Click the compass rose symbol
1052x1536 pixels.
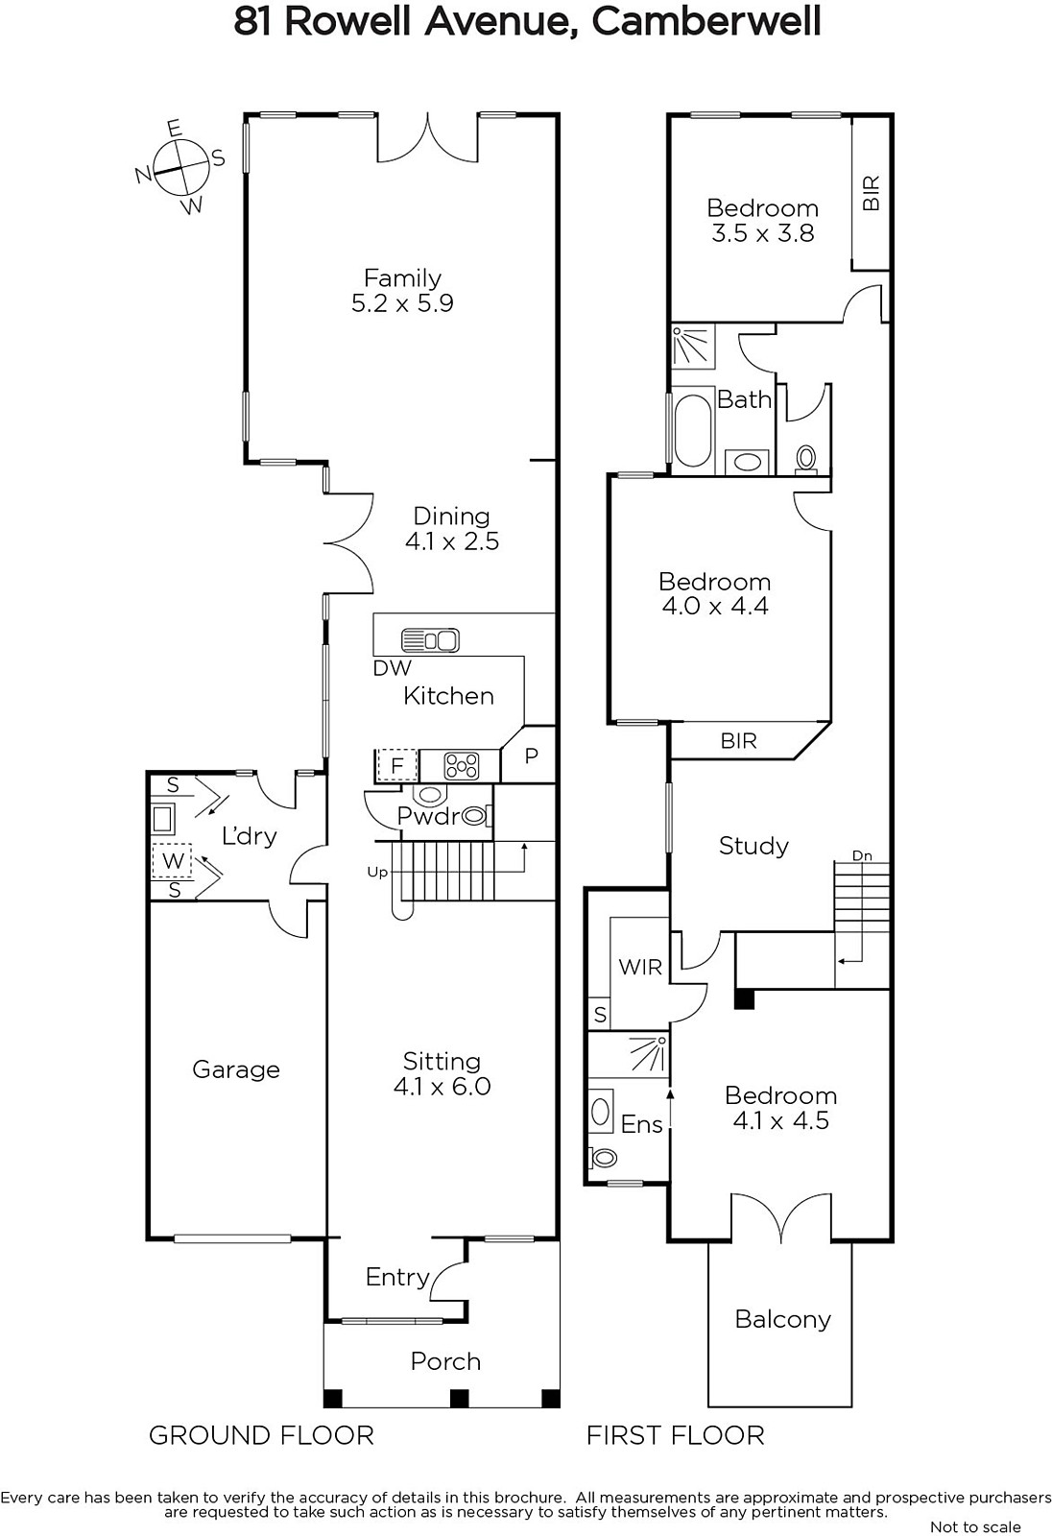tap(180, 168)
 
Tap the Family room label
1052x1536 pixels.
tap(402, 277)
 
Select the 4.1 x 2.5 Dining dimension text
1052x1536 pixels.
tap(452, 541)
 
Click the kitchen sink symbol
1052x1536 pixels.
tap(430, 640)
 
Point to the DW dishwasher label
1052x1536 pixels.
tap(393, 668)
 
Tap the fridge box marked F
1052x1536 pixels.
tap(397, 765)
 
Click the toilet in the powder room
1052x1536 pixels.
tap(476, 816)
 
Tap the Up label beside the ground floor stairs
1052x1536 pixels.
tap(377, 873)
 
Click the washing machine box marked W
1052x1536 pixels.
tap(172, 860)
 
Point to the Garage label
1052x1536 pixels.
tap(236, 1069)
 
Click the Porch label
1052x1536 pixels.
tap(445, 1361)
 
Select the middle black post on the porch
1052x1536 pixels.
tap(459, 1398)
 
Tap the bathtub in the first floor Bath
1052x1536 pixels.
tap(693, 431)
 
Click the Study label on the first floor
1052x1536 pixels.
tap(753, 846)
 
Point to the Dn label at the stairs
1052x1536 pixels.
tap(862, 855)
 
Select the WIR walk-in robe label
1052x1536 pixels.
tap(640, 967)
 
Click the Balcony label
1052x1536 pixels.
tap(782, 1319)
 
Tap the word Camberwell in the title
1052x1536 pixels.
tap(706, 21)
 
